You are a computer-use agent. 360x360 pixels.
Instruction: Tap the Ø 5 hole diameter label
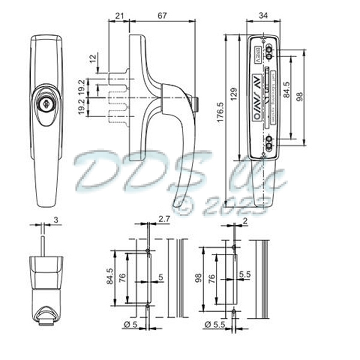[x=130, y=325]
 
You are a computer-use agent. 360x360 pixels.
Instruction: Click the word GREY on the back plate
[x=256, y=54]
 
